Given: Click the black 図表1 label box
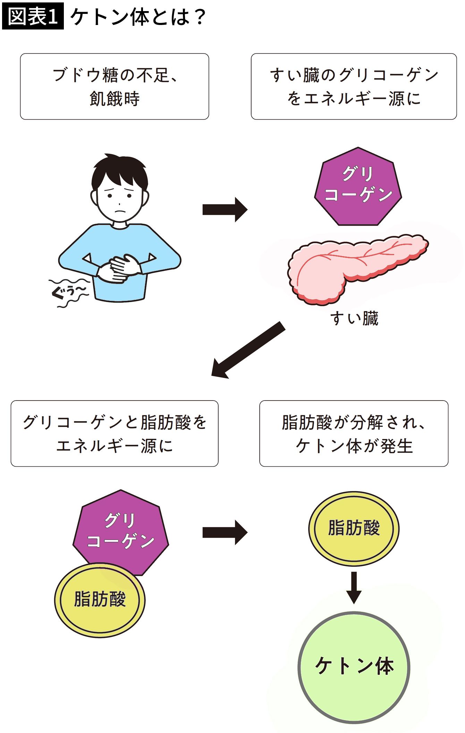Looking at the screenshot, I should click(x=33, y=16).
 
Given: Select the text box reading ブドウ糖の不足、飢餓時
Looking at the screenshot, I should click(x=115, y=86).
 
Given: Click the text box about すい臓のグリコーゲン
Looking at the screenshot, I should click(x=354, y=86).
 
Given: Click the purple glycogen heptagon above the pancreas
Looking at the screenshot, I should click(x=358, y=187).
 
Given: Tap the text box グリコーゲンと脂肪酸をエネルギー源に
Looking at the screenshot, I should click(x=115, y=433).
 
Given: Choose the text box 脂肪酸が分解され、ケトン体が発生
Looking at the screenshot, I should click(x=354, y=433).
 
